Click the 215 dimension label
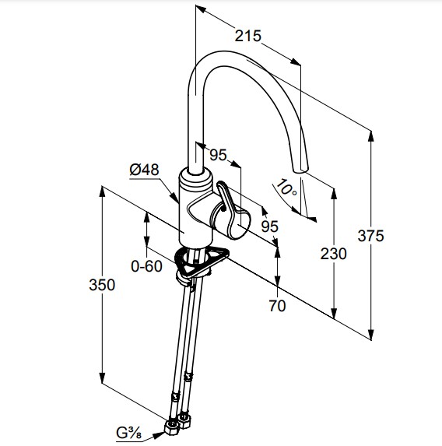(x=247, y=36)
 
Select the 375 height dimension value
(x=370, y=236)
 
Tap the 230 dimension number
(x=333, y=254)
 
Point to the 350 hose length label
(x=102, y=285)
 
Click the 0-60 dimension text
(x=146, y=266)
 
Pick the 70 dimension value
(x=277, y=306)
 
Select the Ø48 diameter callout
(x=144, y=170)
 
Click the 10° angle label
(x=286, y=188)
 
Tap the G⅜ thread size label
(x=128, y=434)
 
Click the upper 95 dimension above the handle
(x=218, y=155)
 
